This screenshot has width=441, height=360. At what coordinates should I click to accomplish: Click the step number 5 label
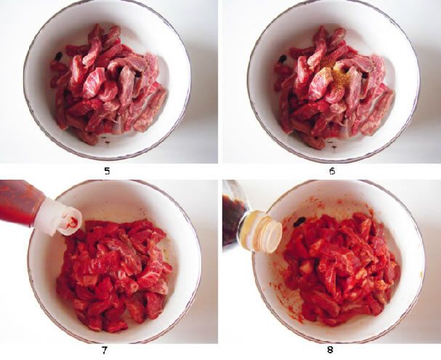click(107, 171)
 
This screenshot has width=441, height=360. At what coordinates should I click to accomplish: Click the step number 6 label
click(332, 171)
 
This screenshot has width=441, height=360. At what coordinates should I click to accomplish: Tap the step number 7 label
click(105, 351)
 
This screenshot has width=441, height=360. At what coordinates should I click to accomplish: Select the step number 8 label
click(330, 350)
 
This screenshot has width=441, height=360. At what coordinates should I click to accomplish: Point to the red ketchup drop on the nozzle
click(72, 223)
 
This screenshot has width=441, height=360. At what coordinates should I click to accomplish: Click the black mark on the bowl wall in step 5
click(59, 57)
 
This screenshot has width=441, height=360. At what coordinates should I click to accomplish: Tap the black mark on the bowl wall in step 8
click(299, 222)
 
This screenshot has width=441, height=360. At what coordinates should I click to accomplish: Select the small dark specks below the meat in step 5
click(105, 140)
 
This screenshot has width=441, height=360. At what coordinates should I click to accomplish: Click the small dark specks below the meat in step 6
click(333, 143)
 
